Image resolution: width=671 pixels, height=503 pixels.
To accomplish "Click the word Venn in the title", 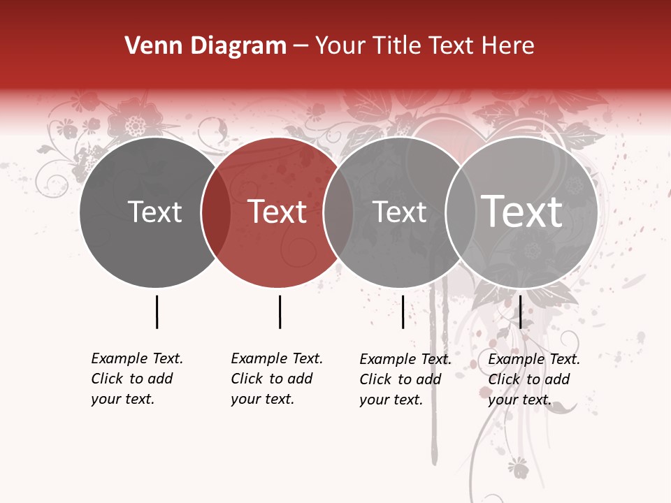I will (147, 46).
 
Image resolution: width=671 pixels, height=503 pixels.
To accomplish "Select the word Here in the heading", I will (509, 46).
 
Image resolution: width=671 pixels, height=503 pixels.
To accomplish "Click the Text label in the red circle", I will (277, 212).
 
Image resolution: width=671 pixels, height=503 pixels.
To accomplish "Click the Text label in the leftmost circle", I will (155, 212).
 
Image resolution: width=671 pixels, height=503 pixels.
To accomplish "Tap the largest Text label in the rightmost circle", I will (522, 211).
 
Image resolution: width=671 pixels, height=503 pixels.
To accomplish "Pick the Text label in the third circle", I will (400, 212).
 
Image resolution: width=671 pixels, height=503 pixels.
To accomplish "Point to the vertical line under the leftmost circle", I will (157, 312).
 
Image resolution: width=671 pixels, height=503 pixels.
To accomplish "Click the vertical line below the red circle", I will (280, 312).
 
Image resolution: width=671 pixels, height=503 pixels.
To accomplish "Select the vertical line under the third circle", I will (403, 312).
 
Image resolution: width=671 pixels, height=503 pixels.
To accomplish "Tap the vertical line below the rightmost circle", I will (520, 312).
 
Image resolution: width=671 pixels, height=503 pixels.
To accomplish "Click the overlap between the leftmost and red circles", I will (215, 212).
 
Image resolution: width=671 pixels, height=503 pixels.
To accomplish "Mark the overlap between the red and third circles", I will (338, 212).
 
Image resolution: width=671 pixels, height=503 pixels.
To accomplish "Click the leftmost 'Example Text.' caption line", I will (137, 358).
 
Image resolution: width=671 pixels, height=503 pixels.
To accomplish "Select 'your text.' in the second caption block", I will (263, 399).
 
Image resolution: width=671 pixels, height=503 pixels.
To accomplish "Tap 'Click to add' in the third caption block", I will (401, 379).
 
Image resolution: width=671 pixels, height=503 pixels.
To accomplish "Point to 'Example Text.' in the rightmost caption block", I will (534, 359).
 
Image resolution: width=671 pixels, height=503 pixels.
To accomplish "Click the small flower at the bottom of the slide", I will (518, 467).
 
